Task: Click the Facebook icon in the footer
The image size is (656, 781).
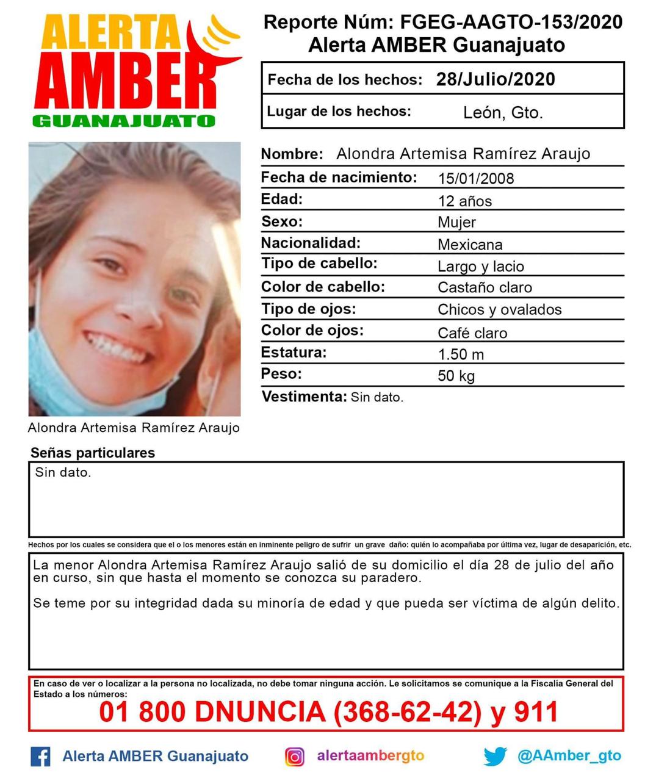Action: click(40, 757)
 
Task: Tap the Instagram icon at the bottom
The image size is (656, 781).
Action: click(295, 757)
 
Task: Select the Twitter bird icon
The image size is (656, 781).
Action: click(495, 757)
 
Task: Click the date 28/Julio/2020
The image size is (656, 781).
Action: click(496, 79)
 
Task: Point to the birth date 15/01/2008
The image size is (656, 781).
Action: click(476, 179)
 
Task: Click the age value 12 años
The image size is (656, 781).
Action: click(464, 201)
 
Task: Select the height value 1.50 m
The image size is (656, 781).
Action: click(461, 355)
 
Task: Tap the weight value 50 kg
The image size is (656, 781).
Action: click(456, 376)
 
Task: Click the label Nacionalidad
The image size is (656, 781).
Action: click(311, 243)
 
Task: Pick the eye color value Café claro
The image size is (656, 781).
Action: click(472, 333)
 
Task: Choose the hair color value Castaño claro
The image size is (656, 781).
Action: click(485, 287)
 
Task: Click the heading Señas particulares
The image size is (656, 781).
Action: click(93, 453)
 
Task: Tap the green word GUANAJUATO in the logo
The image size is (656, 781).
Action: click(124, 121)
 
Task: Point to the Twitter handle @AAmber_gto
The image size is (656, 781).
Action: click(569, 756)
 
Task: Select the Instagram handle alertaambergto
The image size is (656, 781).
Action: click(370, 755)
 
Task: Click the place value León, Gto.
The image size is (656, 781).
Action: click(503, 113)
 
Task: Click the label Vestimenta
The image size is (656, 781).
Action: click(304, 397)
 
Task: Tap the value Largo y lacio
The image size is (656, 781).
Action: click(481, 267)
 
